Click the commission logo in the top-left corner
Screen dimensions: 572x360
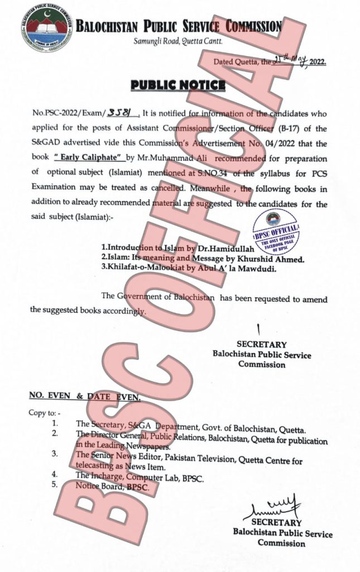click(46, 27)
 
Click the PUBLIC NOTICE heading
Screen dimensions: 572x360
click(178, 85)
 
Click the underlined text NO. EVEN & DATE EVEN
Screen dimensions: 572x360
click(84, 396)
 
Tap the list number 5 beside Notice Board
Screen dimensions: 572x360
click(55, 485)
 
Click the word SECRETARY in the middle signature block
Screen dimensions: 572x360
click(261, 345)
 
